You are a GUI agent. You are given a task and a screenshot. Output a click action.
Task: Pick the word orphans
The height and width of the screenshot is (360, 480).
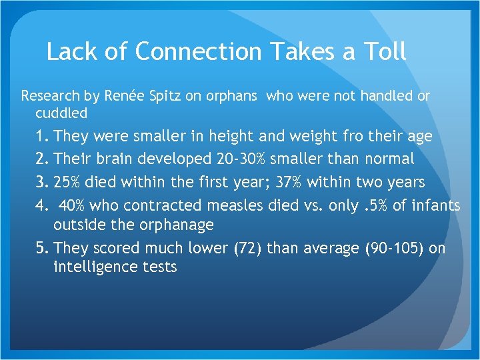pyautogui.click(x=228, y=96)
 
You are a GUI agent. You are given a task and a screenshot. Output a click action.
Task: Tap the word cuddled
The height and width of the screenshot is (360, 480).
pyautogui.click(x=61, y=113)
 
